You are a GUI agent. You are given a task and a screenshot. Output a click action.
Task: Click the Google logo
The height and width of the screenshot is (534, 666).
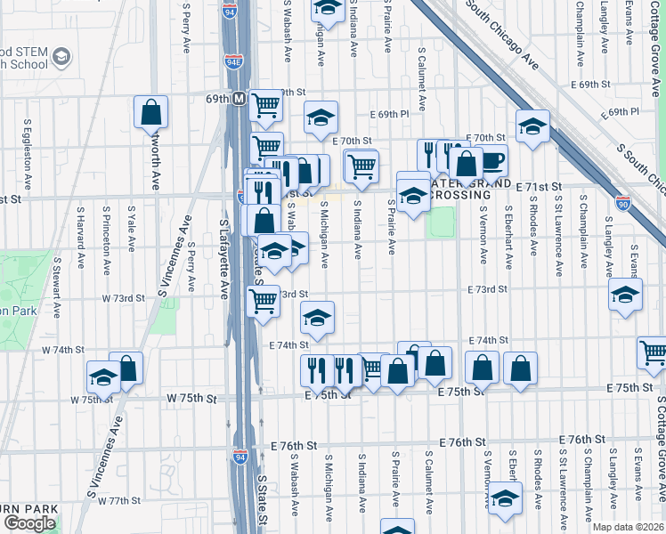[29, 522]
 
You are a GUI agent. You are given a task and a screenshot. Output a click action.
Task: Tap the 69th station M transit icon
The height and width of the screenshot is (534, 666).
[239, 100]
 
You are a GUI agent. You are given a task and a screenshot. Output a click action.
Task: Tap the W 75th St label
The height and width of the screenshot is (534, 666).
[191, 400]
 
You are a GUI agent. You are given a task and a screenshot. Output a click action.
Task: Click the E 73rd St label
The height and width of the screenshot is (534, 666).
[488, 289]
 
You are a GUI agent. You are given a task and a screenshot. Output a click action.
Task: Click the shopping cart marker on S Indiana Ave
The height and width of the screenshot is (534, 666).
[361, 165]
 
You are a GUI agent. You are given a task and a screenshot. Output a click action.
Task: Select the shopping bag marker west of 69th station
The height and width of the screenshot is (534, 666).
[150, 111]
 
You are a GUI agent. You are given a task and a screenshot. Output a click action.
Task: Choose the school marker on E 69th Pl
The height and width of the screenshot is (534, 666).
[321, 117]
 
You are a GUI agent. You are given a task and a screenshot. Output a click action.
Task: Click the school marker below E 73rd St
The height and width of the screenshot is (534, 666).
[318, 317]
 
